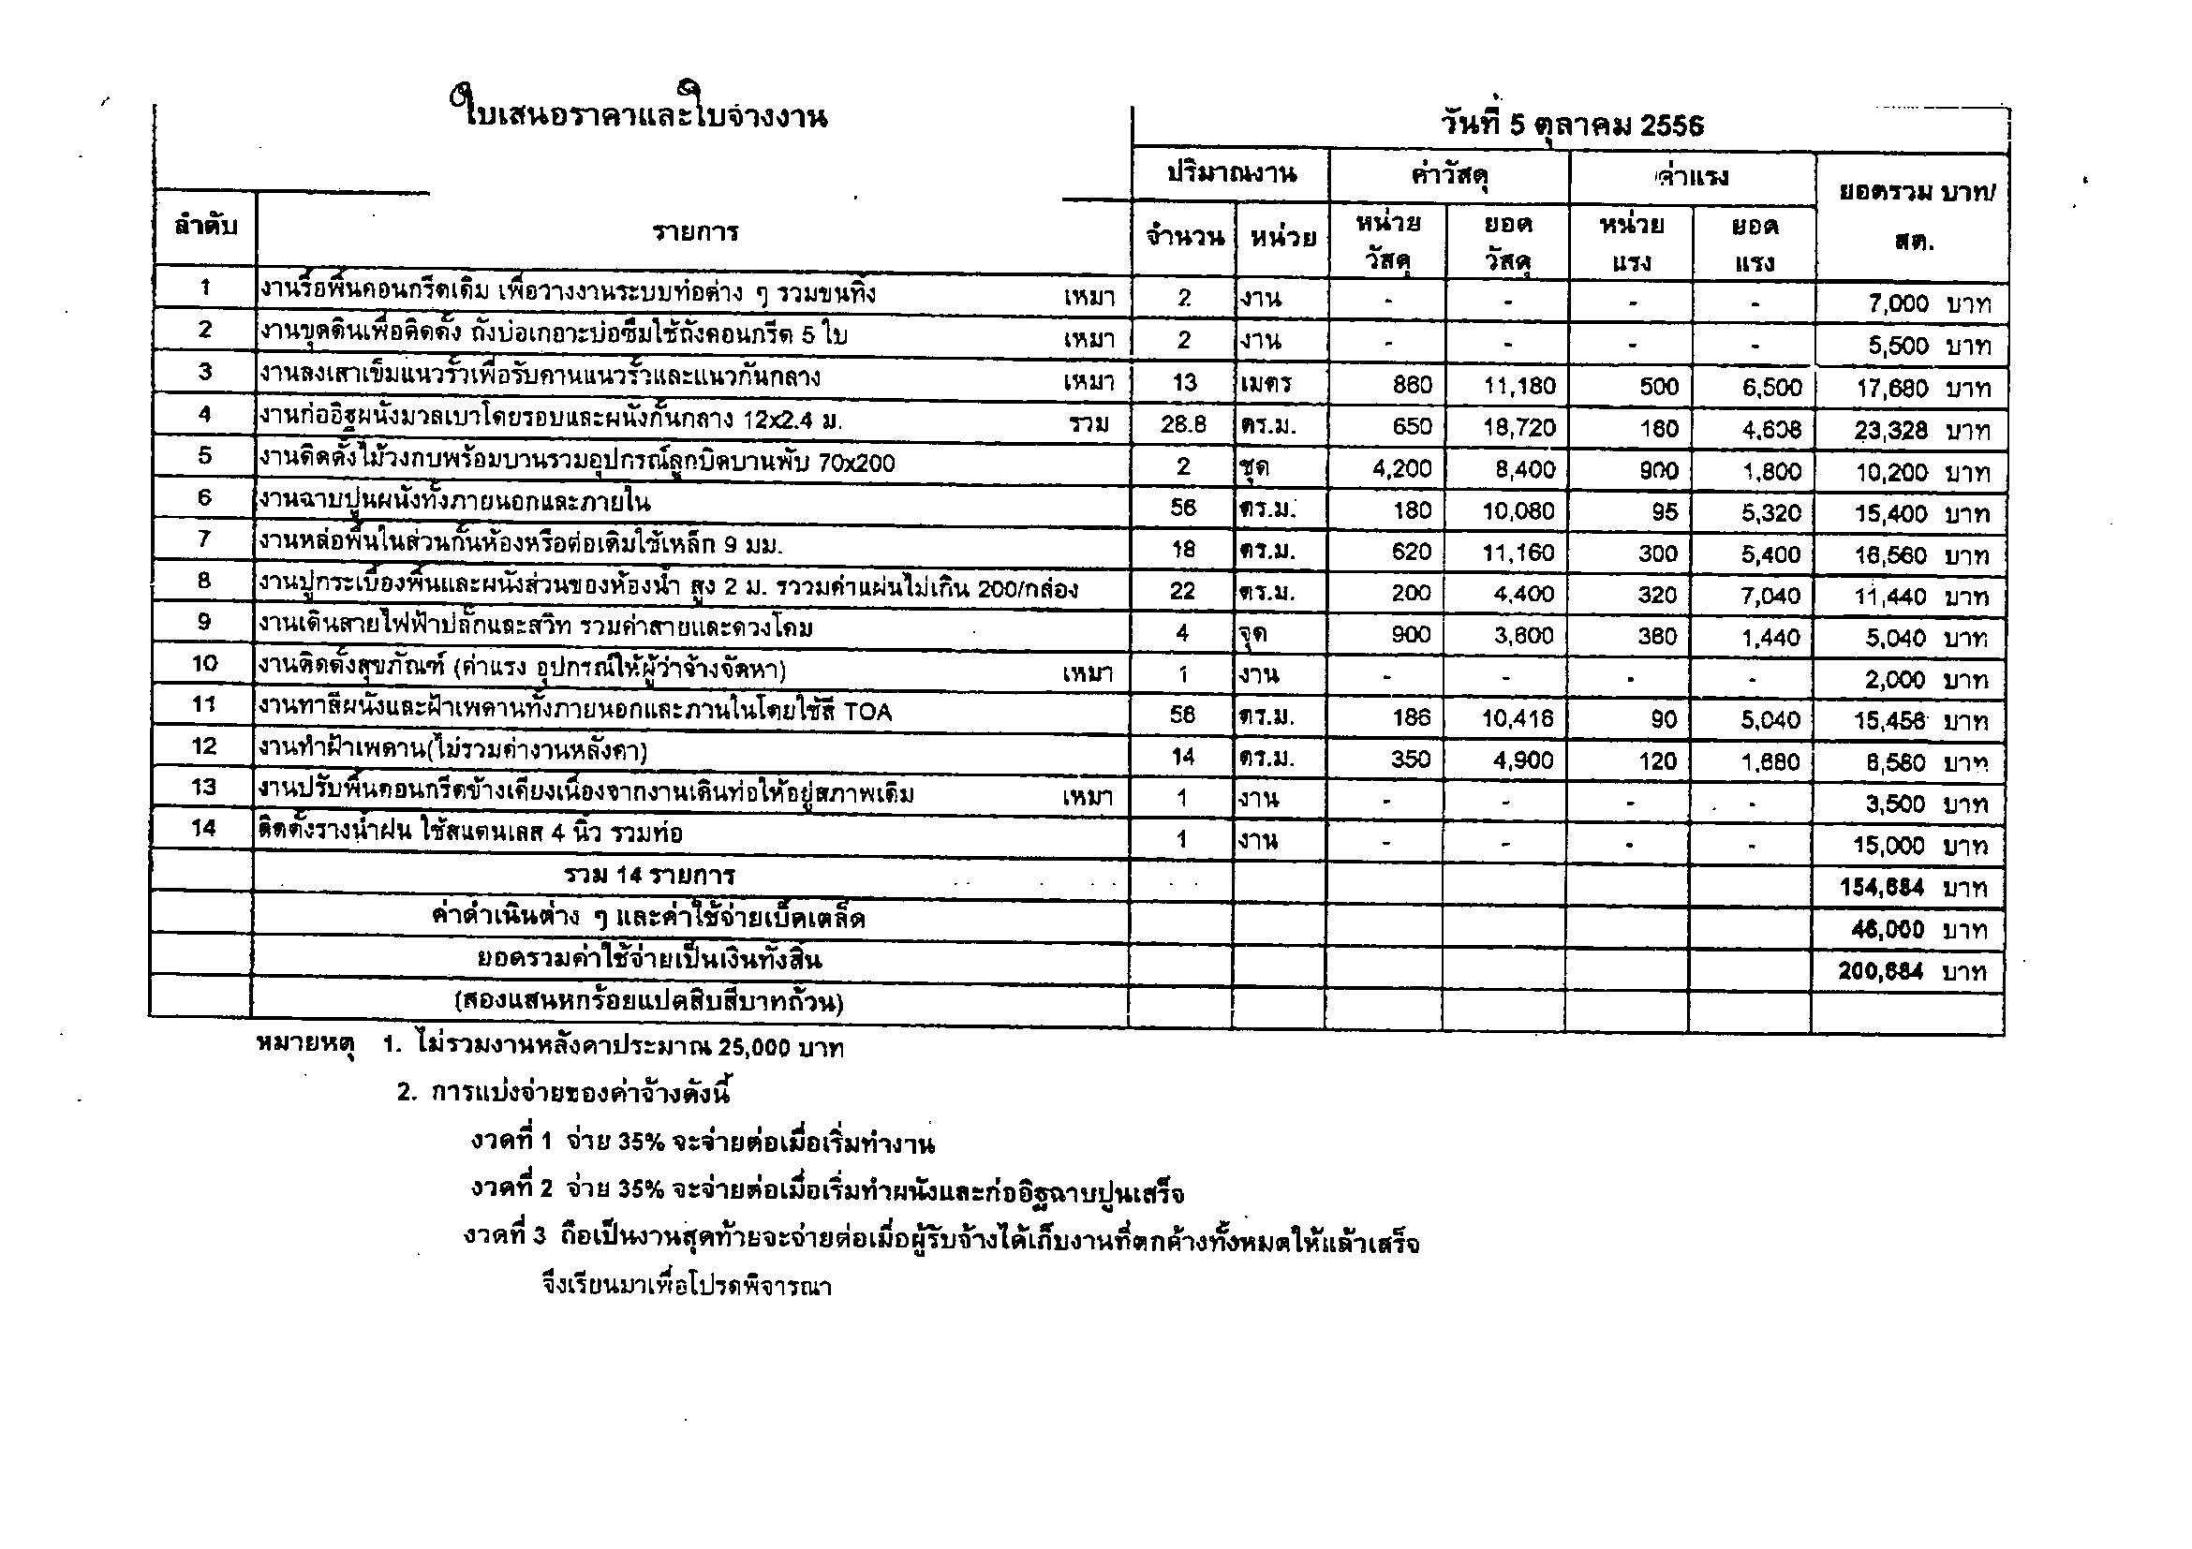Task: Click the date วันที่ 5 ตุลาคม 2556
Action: pyautogui.click(x=1572, y=125)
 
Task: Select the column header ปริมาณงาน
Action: pyautogui.click(x=1231, y=173)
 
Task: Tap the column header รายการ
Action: pyautogui.click(x=695, y=232)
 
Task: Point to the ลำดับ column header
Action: pyautogui.click(x=205, y=228)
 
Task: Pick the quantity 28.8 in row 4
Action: pyautogui.click(x=1184, y=424)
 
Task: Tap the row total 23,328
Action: pyautogui.click(x=1890, y=431)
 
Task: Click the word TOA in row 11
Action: pyautogui.click(x=867, y=711)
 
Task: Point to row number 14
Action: pyautogui.click(x=203, y=828)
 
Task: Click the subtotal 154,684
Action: pyautogui.click(x=1881, y=888)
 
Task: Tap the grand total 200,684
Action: pyautogui.click(x=1880, y=971)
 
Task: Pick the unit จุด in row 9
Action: pyautogui.click(x=1253, y=634)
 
